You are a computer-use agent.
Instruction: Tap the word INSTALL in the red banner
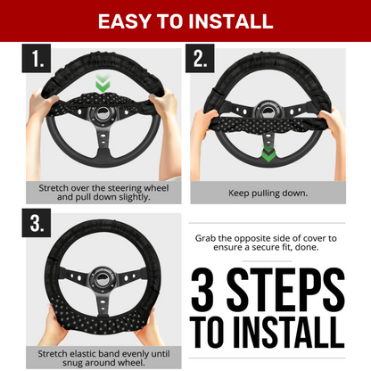click(x=231, y=21)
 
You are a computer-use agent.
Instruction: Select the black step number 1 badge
click(x=37, y=58)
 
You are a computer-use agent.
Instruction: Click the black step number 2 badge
click(x=200, y=58)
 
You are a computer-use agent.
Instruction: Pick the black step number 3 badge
click(x=37, y=223)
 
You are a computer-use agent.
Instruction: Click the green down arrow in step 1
click(x=103, y=83)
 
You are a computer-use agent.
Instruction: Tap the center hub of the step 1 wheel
click(x=103, y=113)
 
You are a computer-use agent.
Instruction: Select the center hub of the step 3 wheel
click(x=103, y=278)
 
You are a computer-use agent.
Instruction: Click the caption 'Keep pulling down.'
click(x=268, y=194)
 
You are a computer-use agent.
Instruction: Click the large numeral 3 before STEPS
click(x=202, y=289)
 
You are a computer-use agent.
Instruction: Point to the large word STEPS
click(x=285, y=289)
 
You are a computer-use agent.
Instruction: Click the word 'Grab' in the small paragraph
click(x=205, y=238)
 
